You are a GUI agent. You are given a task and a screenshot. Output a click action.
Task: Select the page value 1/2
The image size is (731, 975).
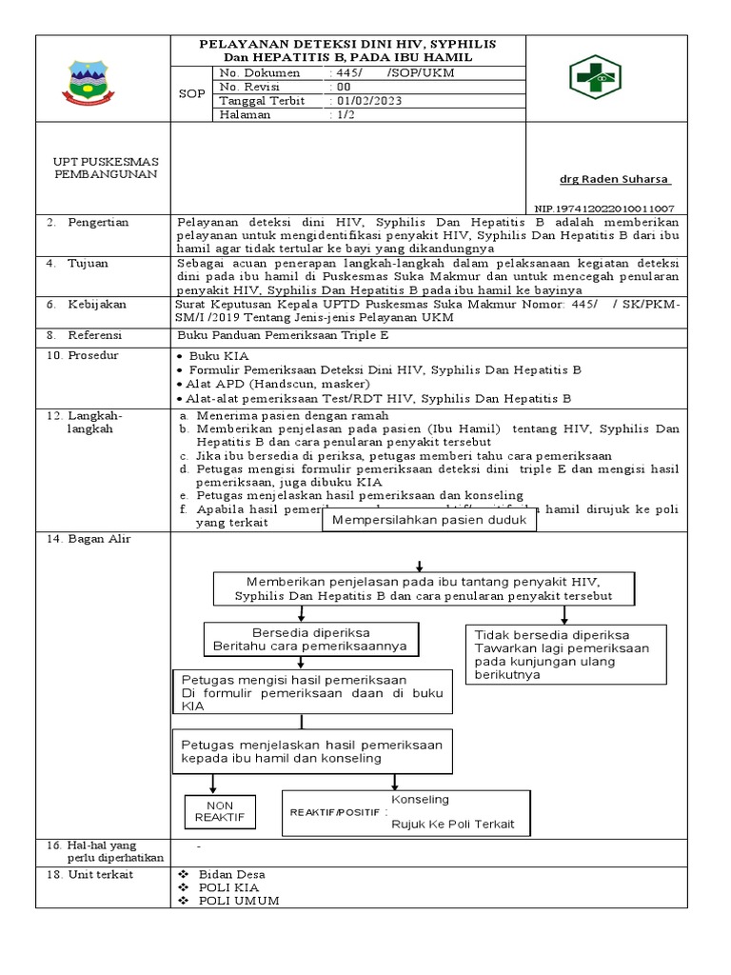point(340,114)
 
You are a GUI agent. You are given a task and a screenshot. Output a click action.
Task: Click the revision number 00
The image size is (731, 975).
point(339,87)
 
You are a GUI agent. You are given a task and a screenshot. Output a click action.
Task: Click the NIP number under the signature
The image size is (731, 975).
point(604,208)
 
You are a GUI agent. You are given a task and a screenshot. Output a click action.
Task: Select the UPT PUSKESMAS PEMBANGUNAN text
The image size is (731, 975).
point(106,169)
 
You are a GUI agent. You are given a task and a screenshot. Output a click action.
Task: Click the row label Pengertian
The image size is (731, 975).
point(98,222)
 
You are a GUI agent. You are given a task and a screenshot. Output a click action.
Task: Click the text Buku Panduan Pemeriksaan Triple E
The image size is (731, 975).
point(284,335)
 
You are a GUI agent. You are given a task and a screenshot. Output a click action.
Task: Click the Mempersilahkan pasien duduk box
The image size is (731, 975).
point(430,521)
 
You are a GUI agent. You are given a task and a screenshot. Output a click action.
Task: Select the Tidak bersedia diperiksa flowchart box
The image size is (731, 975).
point(564,654)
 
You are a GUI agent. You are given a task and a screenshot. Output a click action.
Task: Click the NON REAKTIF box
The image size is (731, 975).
point(219,811)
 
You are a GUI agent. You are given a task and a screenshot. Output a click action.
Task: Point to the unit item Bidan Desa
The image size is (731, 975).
point(232,874)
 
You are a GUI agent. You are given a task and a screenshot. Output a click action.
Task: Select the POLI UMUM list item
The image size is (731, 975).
point(239,901)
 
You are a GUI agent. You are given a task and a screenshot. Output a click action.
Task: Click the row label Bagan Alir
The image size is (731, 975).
point(98,539)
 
